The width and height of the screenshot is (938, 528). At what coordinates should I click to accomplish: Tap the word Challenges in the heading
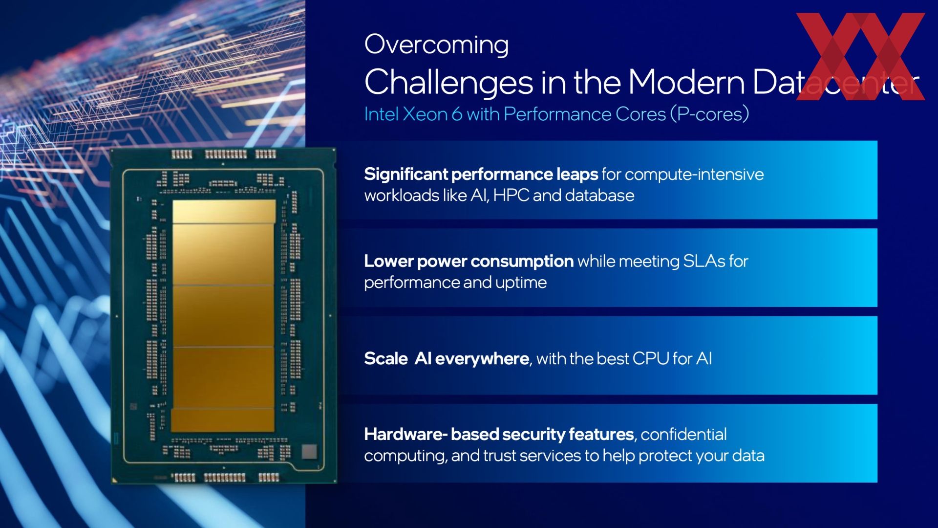coord(448,82)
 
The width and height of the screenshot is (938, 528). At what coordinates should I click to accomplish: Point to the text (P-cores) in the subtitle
coord(709,114)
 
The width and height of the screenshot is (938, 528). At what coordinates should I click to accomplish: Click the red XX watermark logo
coord(860,57)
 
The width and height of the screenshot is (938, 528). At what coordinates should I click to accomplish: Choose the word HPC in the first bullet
coord(511,196)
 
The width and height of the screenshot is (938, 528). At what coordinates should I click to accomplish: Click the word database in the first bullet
coord(599,196)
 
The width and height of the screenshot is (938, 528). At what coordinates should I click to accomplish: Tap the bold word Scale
coord(386,359)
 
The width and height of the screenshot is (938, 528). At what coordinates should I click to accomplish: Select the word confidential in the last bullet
coord(683,434)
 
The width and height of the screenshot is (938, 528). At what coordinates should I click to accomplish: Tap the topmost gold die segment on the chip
coord(224,212)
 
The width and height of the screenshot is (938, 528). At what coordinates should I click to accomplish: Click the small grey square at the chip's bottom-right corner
coord(309,451)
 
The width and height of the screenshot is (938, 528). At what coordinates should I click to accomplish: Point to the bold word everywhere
coord(482,359)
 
